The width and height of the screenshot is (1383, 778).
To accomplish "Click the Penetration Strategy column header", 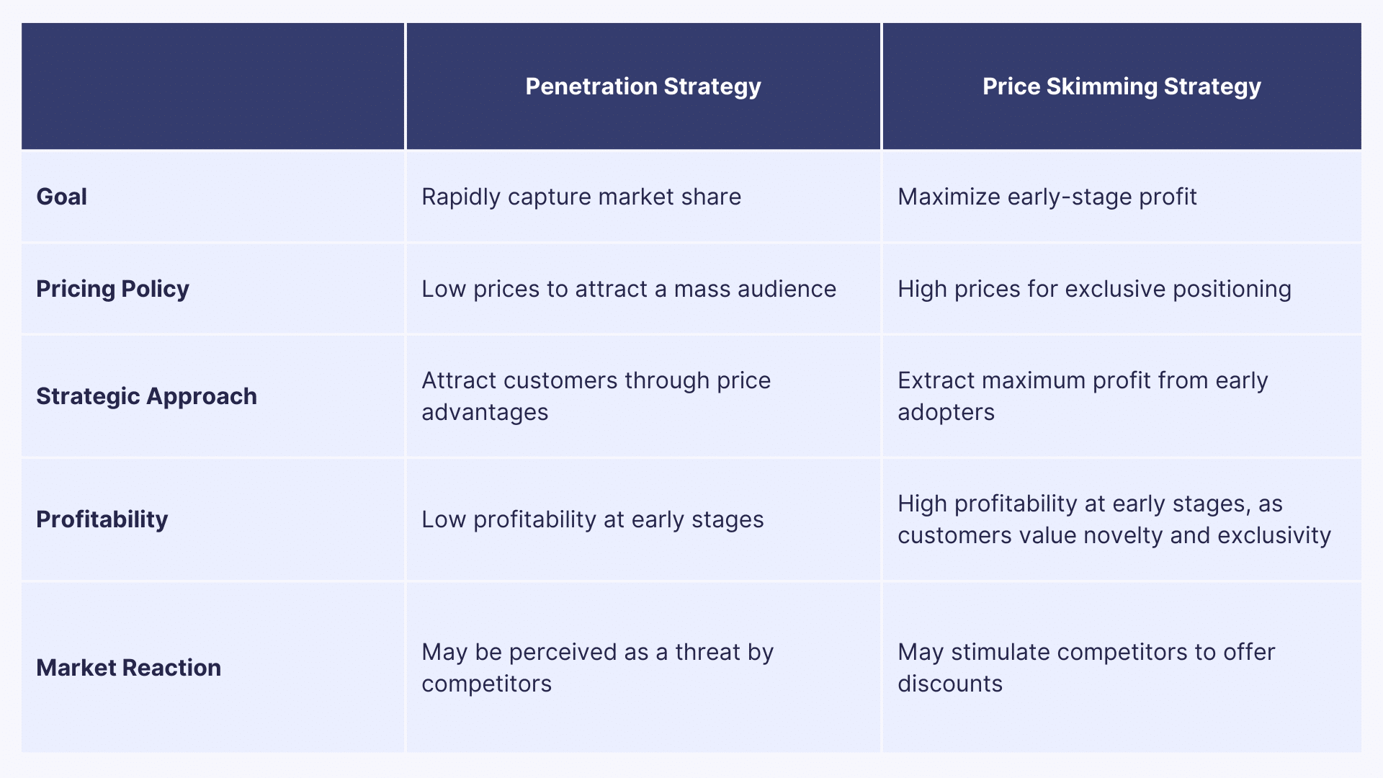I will [643, 86].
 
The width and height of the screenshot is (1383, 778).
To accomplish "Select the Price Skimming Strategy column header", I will [1122, 86].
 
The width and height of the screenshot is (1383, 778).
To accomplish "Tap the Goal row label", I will [62, 197].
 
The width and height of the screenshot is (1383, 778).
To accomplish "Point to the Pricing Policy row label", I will [112, 289].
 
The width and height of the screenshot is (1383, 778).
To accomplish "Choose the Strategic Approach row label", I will [146, 396].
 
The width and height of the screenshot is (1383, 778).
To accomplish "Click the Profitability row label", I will [102, 519].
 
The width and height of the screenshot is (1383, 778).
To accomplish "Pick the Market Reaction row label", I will [128, 668].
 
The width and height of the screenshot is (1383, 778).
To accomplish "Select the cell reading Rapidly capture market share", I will [581, 197].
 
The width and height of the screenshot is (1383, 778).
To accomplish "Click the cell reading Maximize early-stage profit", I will [1047, 197].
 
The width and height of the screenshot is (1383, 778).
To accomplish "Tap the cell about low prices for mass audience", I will [628, 289].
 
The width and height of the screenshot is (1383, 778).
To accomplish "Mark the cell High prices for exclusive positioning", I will [1094, 289].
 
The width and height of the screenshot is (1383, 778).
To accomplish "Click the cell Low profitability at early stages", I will [592, 519].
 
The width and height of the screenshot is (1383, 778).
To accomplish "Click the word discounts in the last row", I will [949, 684].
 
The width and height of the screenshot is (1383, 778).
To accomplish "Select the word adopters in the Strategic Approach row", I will [946, 412].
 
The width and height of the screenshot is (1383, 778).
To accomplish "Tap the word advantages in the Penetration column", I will [485, 412].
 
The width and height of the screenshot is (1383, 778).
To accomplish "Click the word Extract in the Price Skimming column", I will [936, 380].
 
